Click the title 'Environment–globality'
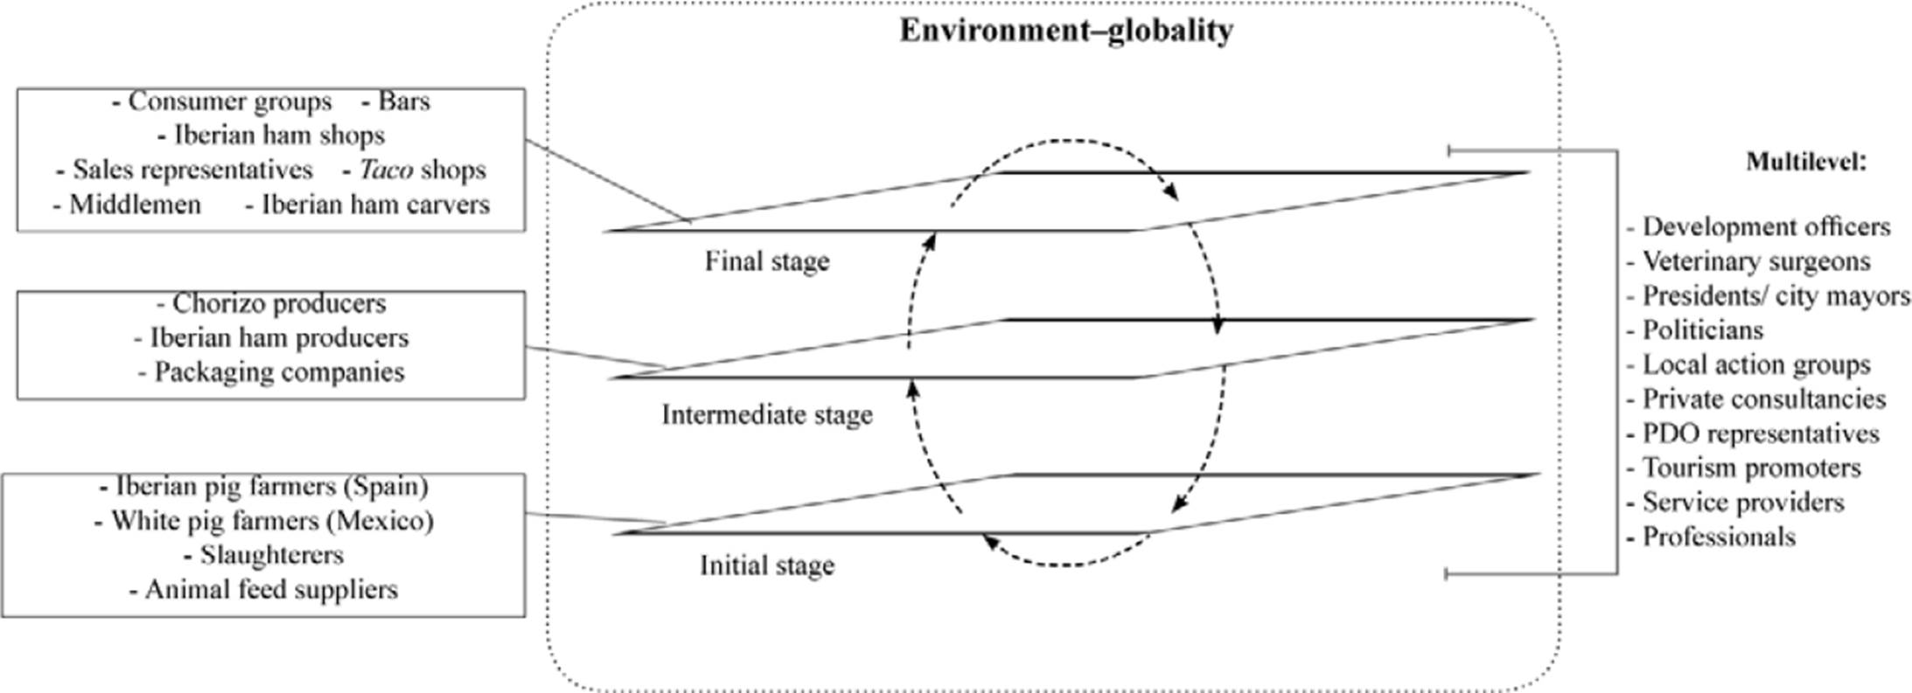click(1066, 31)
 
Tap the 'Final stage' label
click(767, 261)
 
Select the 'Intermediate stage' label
click(767, 414)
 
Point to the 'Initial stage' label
click(767, 565)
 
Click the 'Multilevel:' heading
click(1806, 162)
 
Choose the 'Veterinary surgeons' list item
click(1756, 261)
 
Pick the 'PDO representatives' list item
click(1761, 433)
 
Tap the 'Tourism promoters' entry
click(1751, 468)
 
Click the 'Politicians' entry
click(1702, 330)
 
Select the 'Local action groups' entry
click(1756, 364)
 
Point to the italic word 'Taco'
click(386, 170)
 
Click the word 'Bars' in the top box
click(404, 101)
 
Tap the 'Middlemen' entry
click(135, 204)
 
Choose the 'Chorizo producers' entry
click(279, 303)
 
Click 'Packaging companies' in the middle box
click(279, 372)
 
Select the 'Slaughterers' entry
click(271, 555)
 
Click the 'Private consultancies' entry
click(1763, 399)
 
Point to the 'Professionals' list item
click(1719, 537)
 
